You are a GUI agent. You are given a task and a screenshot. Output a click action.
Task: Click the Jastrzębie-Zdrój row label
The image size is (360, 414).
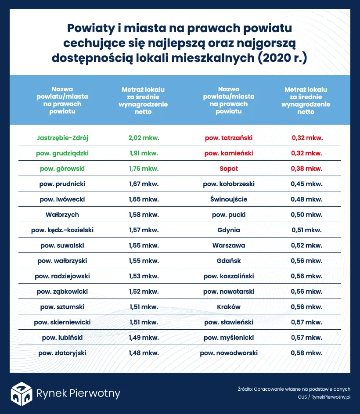[62, 138]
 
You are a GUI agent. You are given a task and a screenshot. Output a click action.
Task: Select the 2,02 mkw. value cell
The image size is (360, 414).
[144, 138]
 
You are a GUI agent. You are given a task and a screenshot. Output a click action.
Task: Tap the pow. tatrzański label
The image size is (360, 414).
[229, 138]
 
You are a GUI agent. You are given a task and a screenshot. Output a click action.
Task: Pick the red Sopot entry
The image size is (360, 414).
[229, 169]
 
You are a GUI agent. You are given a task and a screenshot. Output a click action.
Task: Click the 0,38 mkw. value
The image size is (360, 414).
[307, 169]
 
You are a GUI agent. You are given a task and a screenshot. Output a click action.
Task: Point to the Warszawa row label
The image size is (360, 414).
[229, 245]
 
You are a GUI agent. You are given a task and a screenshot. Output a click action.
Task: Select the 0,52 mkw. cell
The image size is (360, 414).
[307, 245]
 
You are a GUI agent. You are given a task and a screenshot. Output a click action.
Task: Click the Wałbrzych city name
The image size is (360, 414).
[62, 215]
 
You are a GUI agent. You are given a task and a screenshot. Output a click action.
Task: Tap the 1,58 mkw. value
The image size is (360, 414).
[144, 215]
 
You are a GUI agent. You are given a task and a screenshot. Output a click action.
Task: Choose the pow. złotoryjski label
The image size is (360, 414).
[62, 353]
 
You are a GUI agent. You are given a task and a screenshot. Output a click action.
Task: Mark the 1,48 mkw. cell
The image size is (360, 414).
[144, 353]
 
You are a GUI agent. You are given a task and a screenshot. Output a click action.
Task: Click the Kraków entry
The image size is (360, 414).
[229, 307]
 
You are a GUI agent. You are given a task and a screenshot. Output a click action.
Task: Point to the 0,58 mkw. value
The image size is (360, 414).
[307, 353]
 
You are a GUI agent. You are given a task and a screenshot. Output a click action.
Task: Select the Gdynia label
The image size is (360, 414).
[229, 230]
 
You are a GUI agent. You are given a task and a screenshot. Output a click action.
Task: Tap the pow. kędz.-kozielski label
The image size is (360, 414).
[62, 230]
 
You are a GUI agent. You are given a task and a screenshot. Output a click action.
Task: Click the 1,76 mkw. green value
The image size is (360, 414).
[144, 169]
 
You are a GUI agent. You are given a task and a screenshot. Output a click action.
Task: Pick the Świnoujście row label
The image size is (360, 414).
[229, 199]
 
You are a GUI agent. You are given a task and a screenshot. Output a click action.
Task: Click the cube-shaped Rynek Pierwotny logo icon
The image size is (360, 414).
[22, 393]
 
